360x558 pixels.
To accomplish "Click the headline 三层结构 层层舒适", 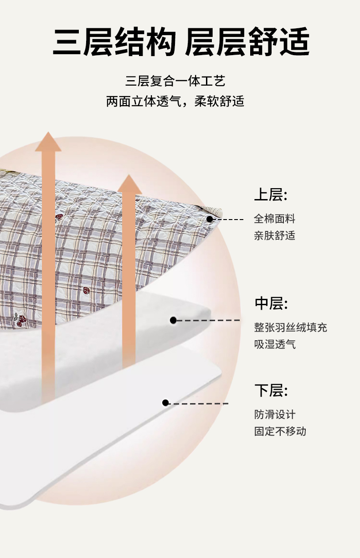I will [x=181, y=42].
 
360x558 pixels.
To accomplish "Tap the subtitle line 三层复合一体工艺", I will [x=175, y=82].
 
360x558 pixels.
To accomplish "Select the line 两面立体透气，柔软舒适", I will [x=175, y=101].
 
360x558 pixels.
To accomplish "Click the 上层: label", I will [x=271, y=195].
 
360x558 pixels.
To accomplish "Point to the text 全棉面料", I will [x=274, y=219].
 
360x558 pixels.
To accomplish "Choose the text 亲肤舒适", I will [x=274, y=235].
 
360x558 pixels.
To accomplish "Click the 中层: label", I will [x=271, y=303].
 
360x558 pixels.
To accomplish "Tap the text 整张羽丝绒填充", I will [x=290, y=328].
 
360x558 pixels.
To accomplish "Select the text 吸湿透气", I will [x=275, y=344].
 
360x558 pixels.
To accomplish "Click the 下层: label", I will [x=271, y=390].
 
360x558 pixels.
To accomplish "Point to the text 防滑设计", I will [x=274, y=415].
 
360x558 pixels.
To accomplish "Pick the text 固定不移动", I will [x=280, y=431].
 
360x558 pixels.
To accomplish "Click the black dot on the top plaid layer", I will [x=210, y=219].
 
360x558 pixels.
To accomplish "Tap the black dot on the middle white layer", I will [x=173, y=320].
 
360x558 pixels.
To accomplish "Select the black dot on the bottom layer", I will [x=165, y=403].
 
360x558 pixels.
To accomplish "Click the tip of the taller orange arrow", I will [x=48, y=133].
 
